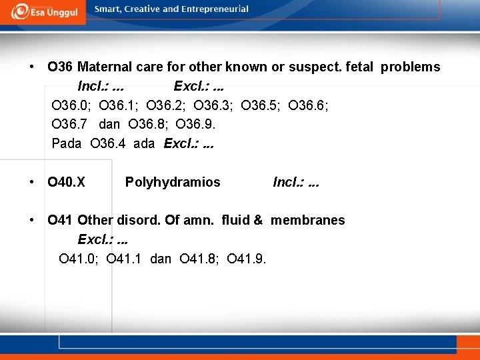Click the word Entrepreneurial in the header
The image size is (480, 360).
click(x=217, y=9)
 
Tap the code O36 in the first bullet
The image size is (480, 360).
click(x=60, y=67)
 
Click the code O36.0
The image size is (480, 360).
click(x=71, y=105)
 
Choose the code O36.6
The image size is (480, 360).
click(x=309, y=105)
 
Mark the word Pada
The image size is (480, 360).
click(x=67, y=143)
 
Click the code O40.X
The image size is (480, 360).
click(x=67, y=181)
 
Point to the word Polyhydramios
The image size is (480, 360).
click(x=173, y=181)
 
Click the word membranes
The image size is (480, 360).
click(x=308, y=220)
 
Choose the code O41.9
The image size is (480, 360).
click(x=247, y=259)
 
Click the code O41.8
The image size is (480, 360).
click(x=199, y=259)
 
